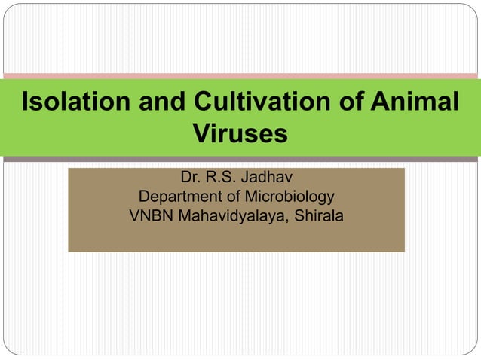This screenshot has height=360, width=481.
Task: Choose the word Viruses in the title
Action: (240, 134)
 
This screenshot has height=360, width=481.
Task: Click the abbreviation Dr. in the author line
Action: (190, 178)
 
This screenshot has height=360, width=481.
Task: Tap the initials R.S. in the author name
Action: (222, 178)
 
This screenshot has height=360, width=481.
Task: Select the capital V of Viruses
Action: (201, 134)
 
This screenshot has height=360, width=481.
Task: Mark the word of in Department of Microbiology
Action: (235, 197)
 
